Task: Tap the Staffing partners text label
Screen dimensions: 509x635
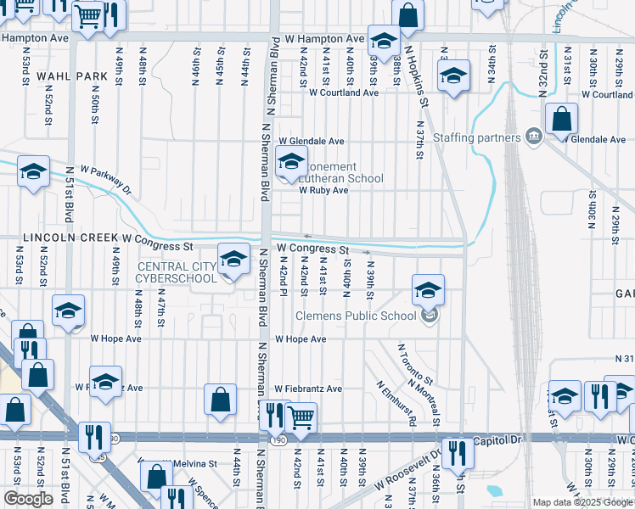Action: point(477,137)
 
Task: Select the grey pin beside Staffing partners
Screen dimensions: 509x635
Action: point(533,136)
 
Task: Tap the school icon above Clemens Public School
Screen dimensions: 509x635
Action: point(429,290)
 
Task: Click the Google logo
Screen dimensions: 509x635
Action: point(29,498)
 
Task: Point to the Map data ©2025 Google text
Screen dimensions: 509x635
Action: point(582,502)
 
